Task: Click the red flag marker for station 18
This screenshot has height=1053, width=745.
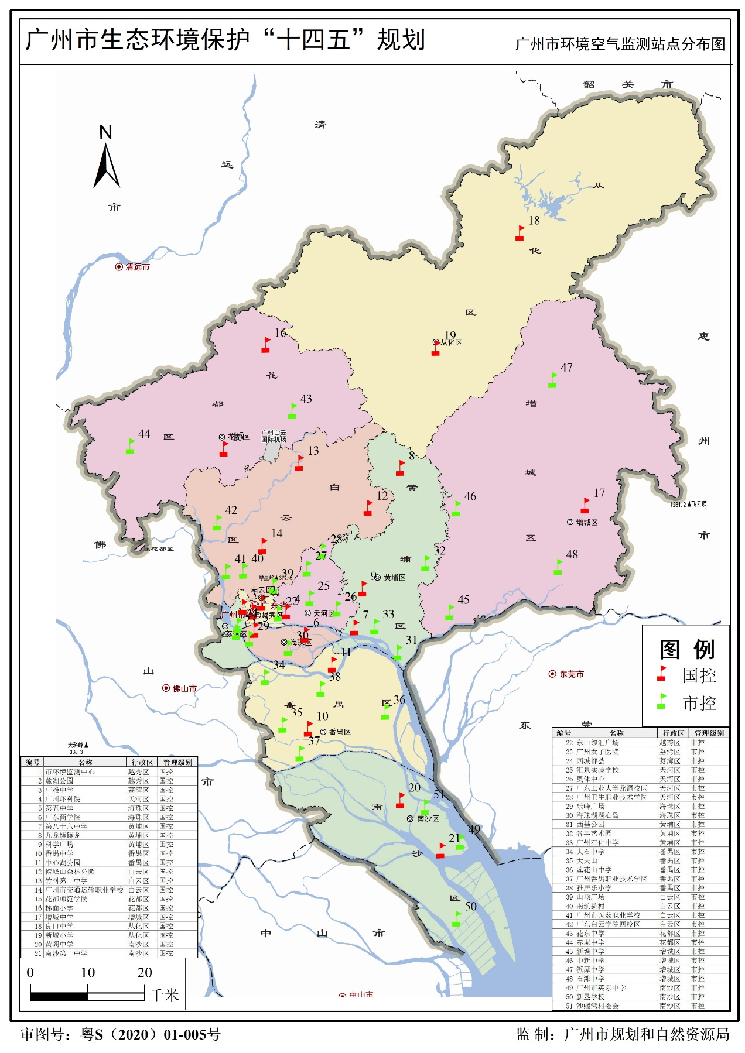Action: click(x=520, y=233)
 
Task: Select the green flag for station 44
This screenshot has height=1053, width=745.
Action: click(x=130, y=446)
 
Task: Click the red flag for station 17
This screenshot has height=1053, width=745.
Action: click(x=585, y=506)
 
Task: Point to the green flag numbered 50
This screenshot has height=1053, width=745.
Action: click(x=456, y=919)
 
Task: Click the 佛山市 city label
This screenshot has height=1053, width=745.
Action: click(x=184, y=689)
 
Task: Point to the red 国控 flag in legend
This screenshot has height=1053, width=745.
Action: click(x=662, y=674)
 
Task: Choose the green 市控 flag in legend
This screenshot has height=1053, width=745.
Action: click(x=662, y=701)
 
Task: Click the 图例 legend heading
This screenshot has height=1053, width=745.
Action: click(x=686, y=650)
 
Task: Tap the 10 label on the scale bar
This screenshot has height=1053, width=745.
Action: click(x=88, y=973)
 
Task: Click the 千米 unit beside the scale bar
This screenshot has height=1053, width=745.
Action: click(x=164, y=995)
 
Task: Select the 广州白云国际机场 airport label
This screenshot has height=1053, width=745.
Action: click(x=274, y=436)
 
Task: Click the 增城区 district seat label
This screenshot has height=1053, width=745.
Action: click(x=586, y=522)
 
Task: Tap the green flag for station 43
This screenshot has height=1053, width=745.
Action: click(x=292, y=411)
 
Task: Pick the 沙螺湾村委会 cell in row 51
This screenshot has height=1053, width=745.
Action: click(x=597, y=1006)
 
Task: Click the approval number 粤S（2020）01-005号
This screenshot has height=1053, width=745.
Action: click(x=151, y=1035)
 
